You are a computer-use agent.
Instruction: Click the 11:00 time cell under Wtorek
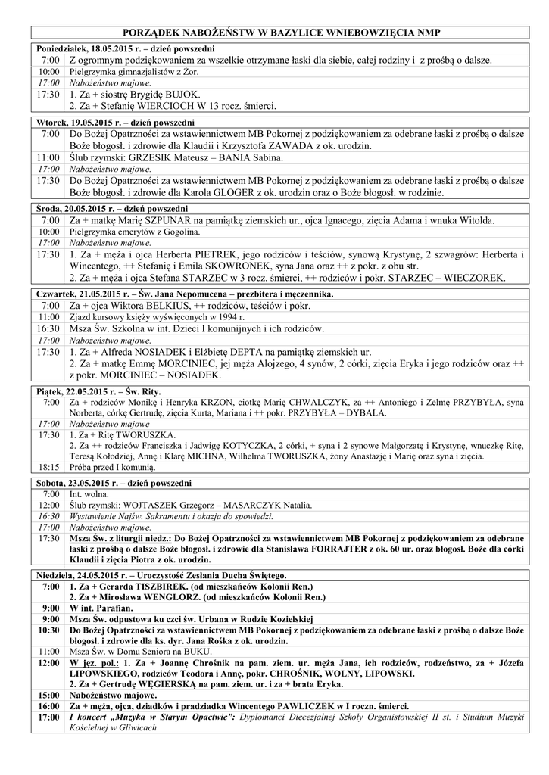tap(48, 157)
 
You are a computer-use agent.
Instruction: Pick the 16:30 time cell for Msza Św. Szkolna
tap(48, 329)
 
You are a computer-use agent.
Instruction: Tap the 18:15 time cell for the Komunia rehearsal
tap(48, 468)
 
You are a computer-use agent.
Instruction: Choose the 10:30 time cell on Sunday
tap(48, 630)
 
